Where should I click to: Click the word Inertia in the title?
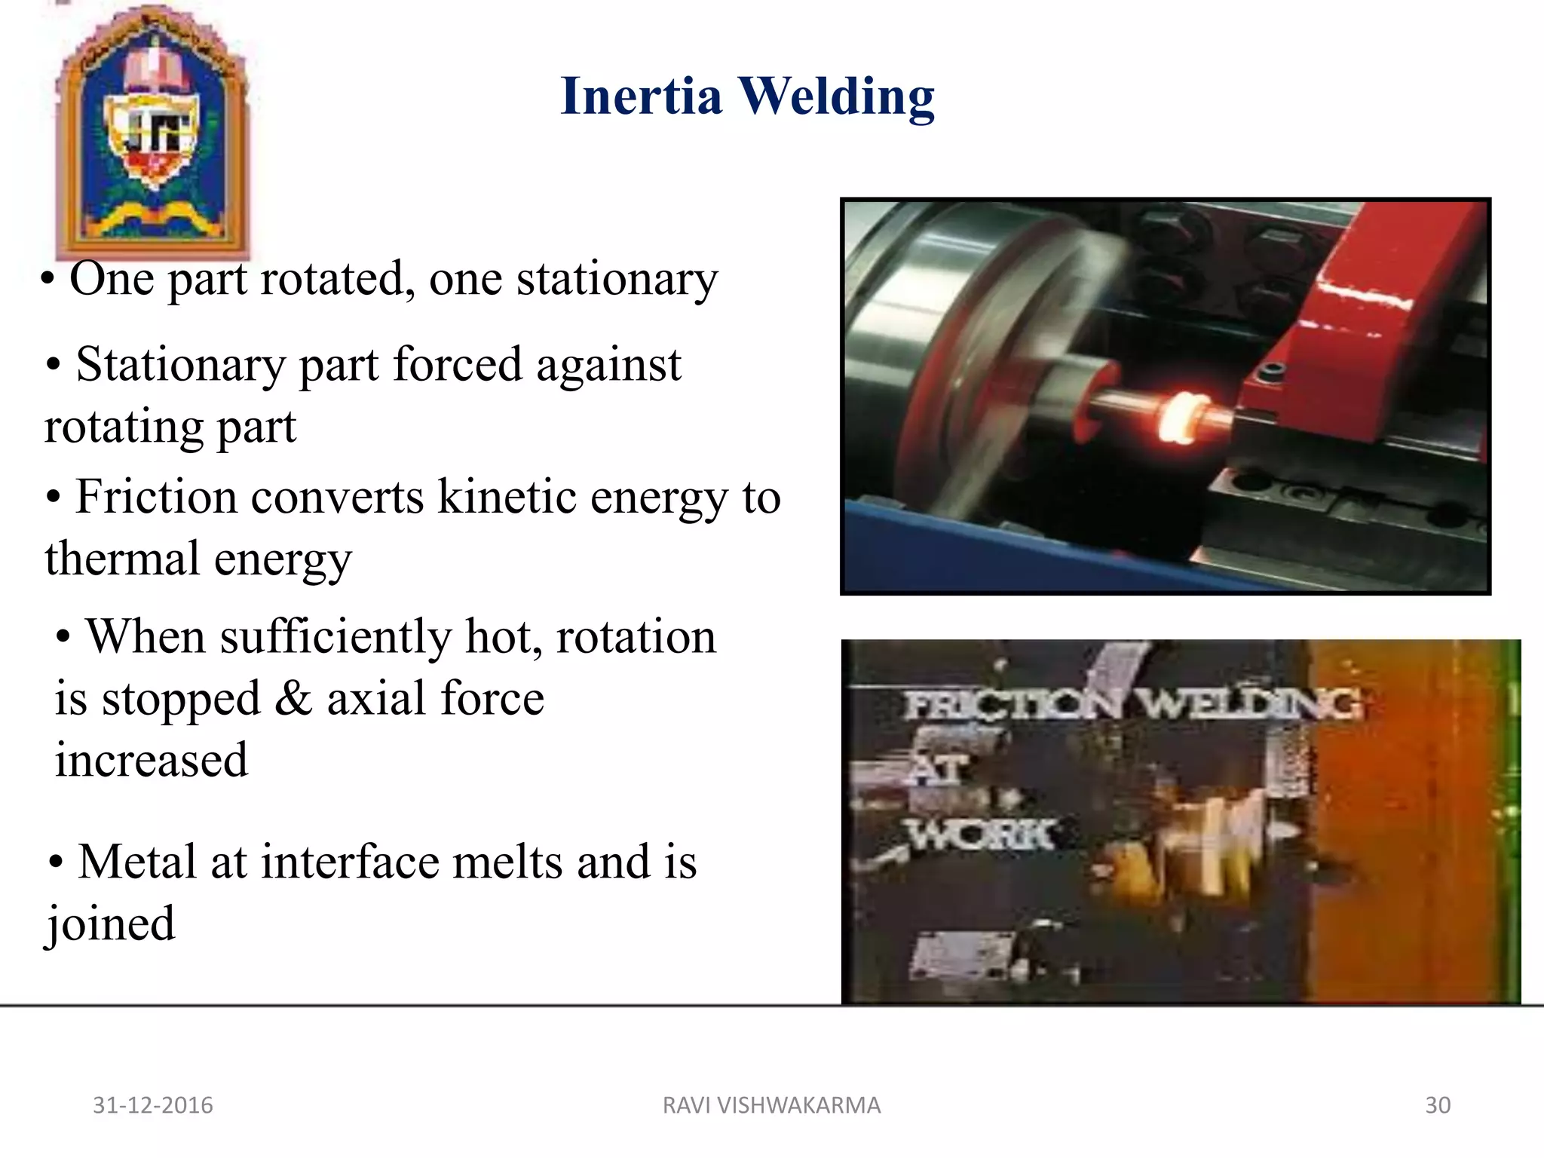point(642,96)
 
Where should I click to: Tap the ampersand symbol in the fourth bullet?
point(293,698)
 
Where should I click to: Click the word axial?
point(376,698)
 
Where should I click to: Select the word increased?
point(152,760)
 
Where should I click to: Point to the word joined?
point(111,924)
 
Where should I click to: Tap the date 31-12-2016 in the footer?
point(153,1105)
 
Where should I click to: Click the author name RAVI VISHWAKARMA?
point(771,1105)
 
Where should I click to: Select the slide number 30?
point(1438,1105)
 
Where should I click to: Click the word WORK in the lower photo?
point(981,835)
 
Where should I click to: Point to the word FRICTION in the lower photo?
point(1015,706)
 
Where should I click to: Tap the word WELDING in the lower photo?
point(1248,704)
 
